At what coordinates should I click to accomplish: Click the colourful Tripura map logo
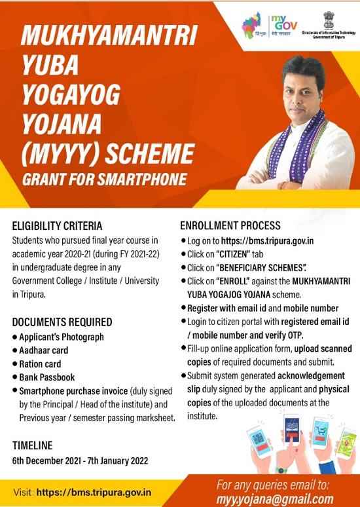click(253, 26)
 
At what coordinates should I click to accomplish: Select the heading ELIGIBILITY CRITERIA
click(58, 227)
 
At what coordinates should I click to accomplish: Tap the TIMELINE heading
click(32, 446)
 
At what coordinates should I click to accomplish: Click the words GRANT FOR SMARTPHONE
click(104, 178)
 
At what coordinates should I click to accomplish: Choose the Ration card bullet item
click(41, 364)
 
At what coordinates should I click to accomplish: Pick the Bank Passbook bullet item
click(47, 377)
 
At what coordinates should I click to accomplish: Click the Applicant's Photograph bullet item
click(62, 337)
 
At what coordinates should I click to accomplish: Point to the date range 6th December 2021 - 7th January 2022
click(80, 460)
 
